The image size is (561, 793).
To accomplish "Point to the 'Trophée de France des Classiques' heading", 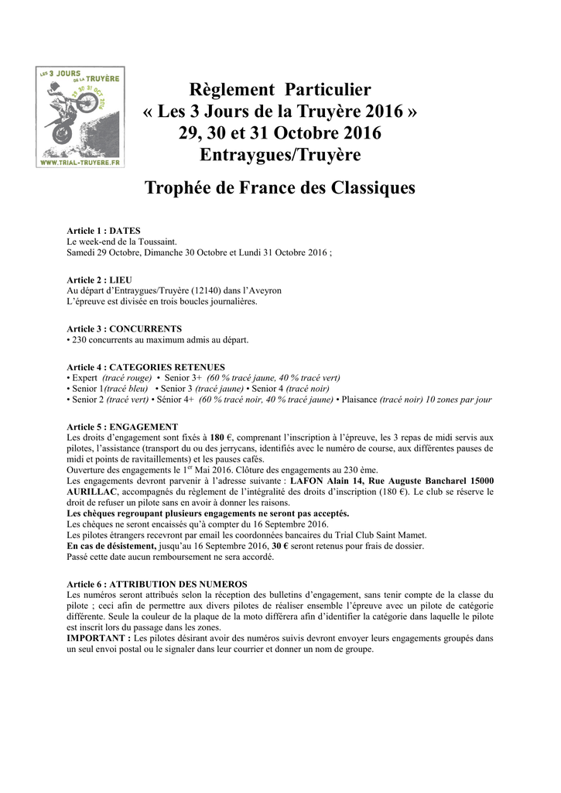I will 280,188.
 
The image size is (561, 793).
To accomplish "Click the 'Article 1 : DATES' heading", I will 104,232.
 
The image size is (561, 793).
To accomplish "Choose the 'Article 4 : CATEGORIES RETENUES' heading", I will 145,367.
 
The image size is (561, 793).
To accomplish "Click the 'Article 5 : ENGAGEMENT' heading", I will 122,427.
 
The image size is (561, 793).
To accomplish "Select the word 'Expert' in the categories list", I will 84,378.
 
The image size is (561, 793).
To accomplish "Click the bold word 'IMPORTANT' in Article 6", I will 97,637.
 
